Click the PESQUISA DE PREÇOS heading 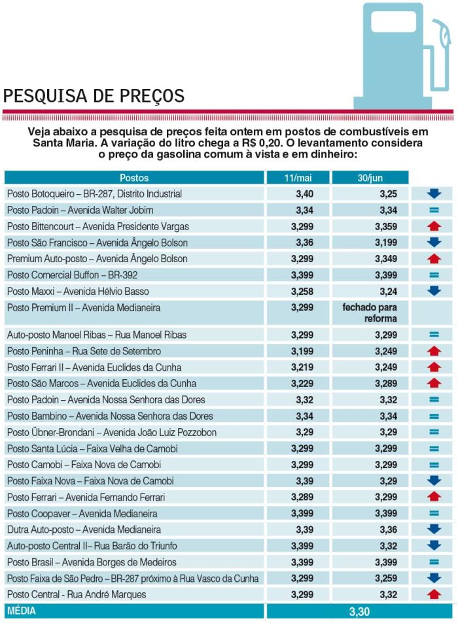[x=94, y=96]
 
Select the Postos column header [x=134, y=178]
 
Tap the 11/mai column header [x=298, y=178]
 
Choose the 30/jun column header [x=370, y=178]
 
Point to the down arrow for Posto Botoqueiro [x=433, y=194]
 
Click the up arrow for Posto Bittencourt [x=433, y=226]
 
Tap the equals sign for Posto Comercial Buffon [x=433, y=275]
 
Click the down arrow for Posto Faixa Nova [x=433, y=481]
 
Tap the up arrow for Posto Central [x=433, y=594]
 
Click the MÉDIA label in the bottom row [x=22, y=611]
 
